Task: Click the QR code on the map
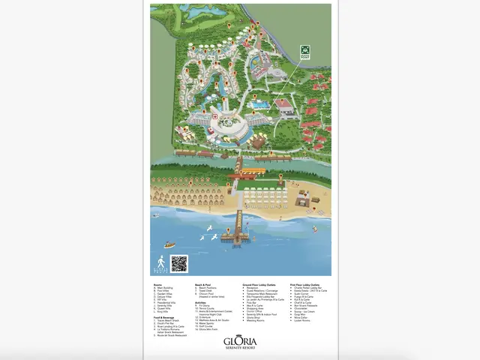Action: pyautogui.click(x=178, y=263)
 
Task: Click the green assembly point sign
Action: pyautogui.click(x=304, y=52)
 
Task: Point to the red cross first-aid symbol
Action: pyautogui.click(x=213, y=117)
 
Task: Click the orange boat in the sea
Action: pyautogui.click(x=169, y=244)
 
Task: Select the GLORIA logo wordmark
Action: pyautogui.click(x=240, y=341)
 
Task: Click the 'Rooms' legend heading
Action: pyautogui.click(x=157, y=284)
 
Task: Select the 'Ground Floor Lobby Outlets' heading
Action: pyautogui.click(x=261, y=284)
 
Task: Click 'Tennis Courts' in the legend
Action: pyautogui.click(x=208, y=307)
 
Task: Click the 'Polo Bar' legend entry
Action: pyautogui.click(x=249, y=304)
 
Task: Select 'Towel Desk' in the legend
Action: pyautogui.click(x=205, y=291)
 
